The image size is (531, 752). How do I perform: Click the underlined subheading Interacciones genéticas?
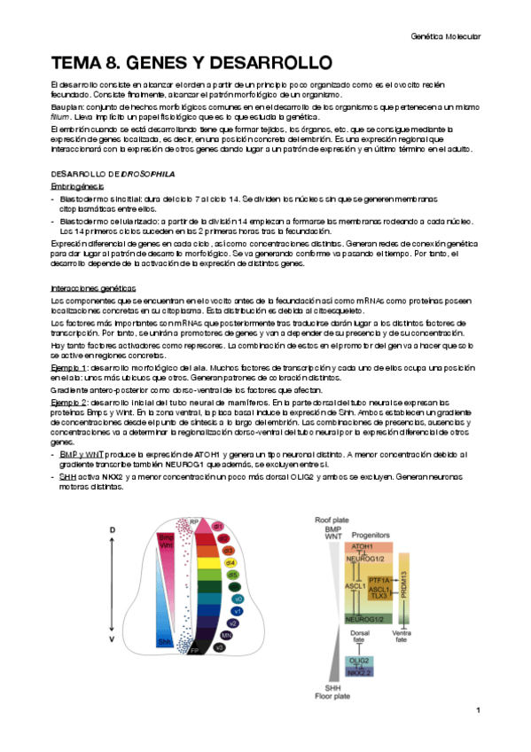point(94,289)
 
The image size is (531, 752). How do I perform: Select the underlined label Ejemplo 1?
point(68,366)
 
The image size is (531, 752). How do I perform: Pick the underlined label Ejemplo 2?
point(68,401)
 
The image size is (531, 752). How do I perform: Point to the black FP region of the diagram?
point(194,676)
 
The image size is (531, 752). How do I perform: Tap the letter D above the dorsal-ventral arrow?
point(113,529)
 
